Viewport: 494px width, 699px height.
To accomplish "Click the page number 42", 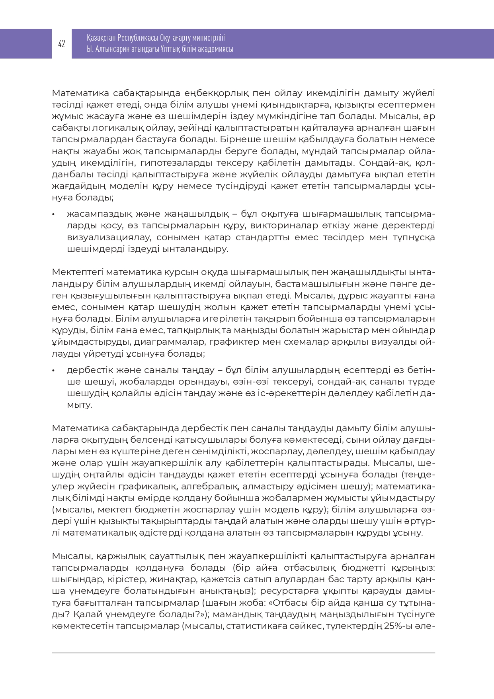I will [62, 44].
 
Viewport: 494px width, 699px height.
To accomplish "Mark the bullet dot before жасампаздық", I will [53, 214].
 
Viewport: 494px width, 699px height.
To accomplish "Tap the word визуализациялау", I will [109, 238].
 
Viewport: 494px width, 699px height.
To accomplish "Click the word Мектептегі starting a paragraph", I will [78, 273].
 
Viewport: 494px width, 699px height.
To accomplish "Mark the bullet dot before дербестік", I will [53, 371].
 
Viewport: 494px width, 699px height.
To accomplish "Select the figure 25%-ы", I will [398, 626].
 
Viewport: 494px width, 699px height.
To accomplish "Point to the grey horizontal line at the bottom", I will [243, 653].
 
